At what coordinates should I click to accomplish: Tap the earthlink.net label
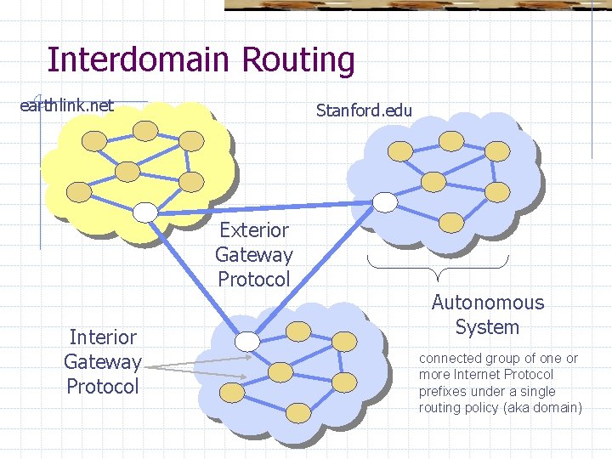tap(67, 105)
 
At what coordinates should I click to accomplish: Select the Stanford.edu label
tap(364, 110)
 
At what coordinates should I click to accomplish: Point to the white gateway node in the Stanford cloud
tap(385, 201)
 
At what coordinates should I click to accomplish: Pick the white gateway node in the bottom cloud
tap(247, 341)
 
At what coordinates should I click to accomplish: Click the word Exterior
tap(254, 229)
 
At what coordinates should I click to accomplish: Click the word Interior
tap(103, 337)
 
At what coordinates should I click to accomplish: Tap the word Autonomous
tap(487, 303)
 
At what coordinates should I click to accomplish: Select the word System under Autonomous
tap(487, 327)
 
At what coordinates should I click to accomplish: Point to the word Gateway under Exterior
tap(254, 254)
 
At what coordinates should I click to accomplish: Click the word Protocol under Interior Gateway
tap(103, 387)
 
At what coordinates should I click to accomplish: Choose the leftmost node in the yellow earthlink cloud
tap(79, 190)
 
